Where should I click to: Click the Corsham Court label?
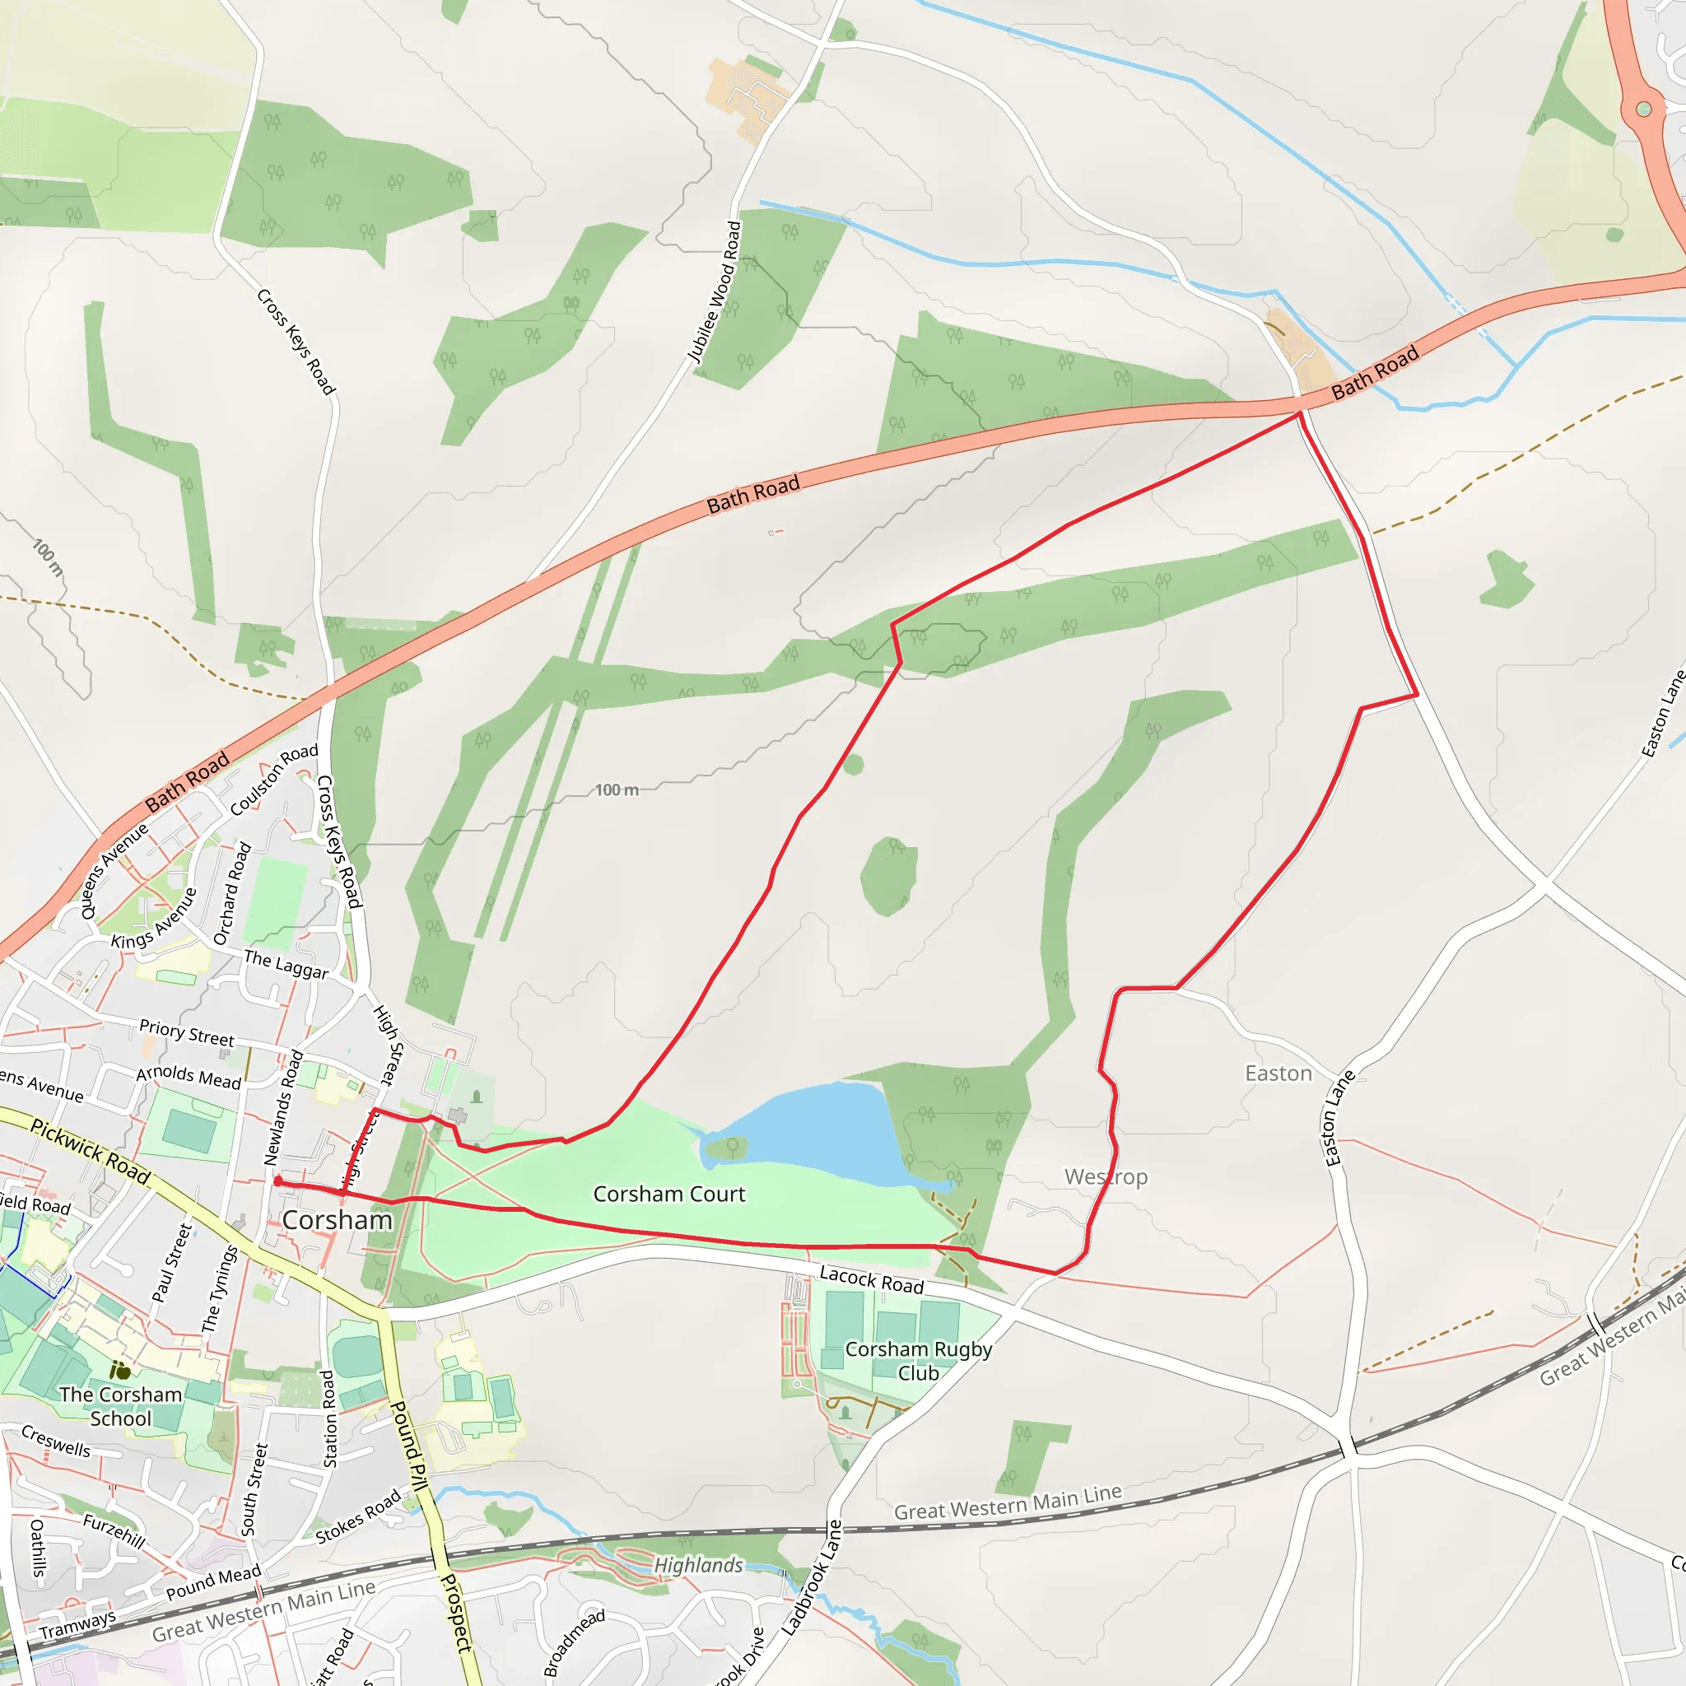coord(669,1194)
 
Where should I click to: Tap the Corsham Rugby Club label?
coord(918,1361)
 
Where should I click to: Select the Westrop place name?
coord(1106,1177)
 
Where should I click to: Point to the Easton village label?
coord(1278,1074)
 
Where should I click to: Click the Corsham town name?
coord(337,1220)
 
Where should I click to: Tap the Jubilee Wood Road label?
coord(715,291)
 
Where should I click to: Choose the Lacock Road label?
coord(871,1280)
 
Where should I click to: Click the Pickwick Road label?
coord(91,1151)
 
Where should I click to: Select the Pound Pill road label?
coord(408,1445)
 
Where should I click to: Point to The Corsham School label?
coord(120,1406)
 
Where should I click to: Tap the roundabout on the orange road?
coord(1644,109)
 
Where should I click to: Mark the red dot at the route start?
coord(277,1181)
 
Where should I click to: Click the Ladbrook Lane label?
coord(813,1578)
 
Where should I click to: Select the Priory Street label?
coord(187,1033)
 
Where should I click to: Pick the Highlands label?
coord(698,1565)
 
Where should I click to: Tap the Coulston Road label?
coord(274,780)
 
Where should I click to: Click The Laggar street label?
coord(286,964)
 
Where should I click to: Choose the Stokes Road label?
coord(358,1516)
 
